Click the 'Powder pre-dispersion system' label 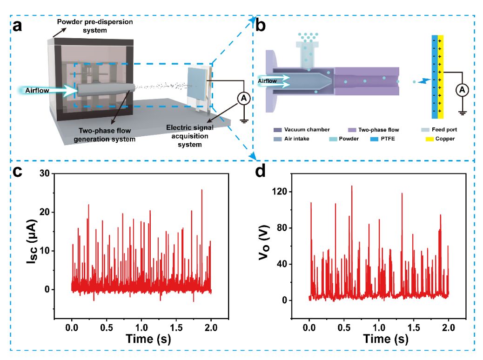81,27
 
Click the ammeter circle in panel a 242,97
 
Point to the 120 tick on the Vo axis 291,192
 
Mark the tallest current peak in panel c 202,190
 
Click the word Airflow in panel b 268,81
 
